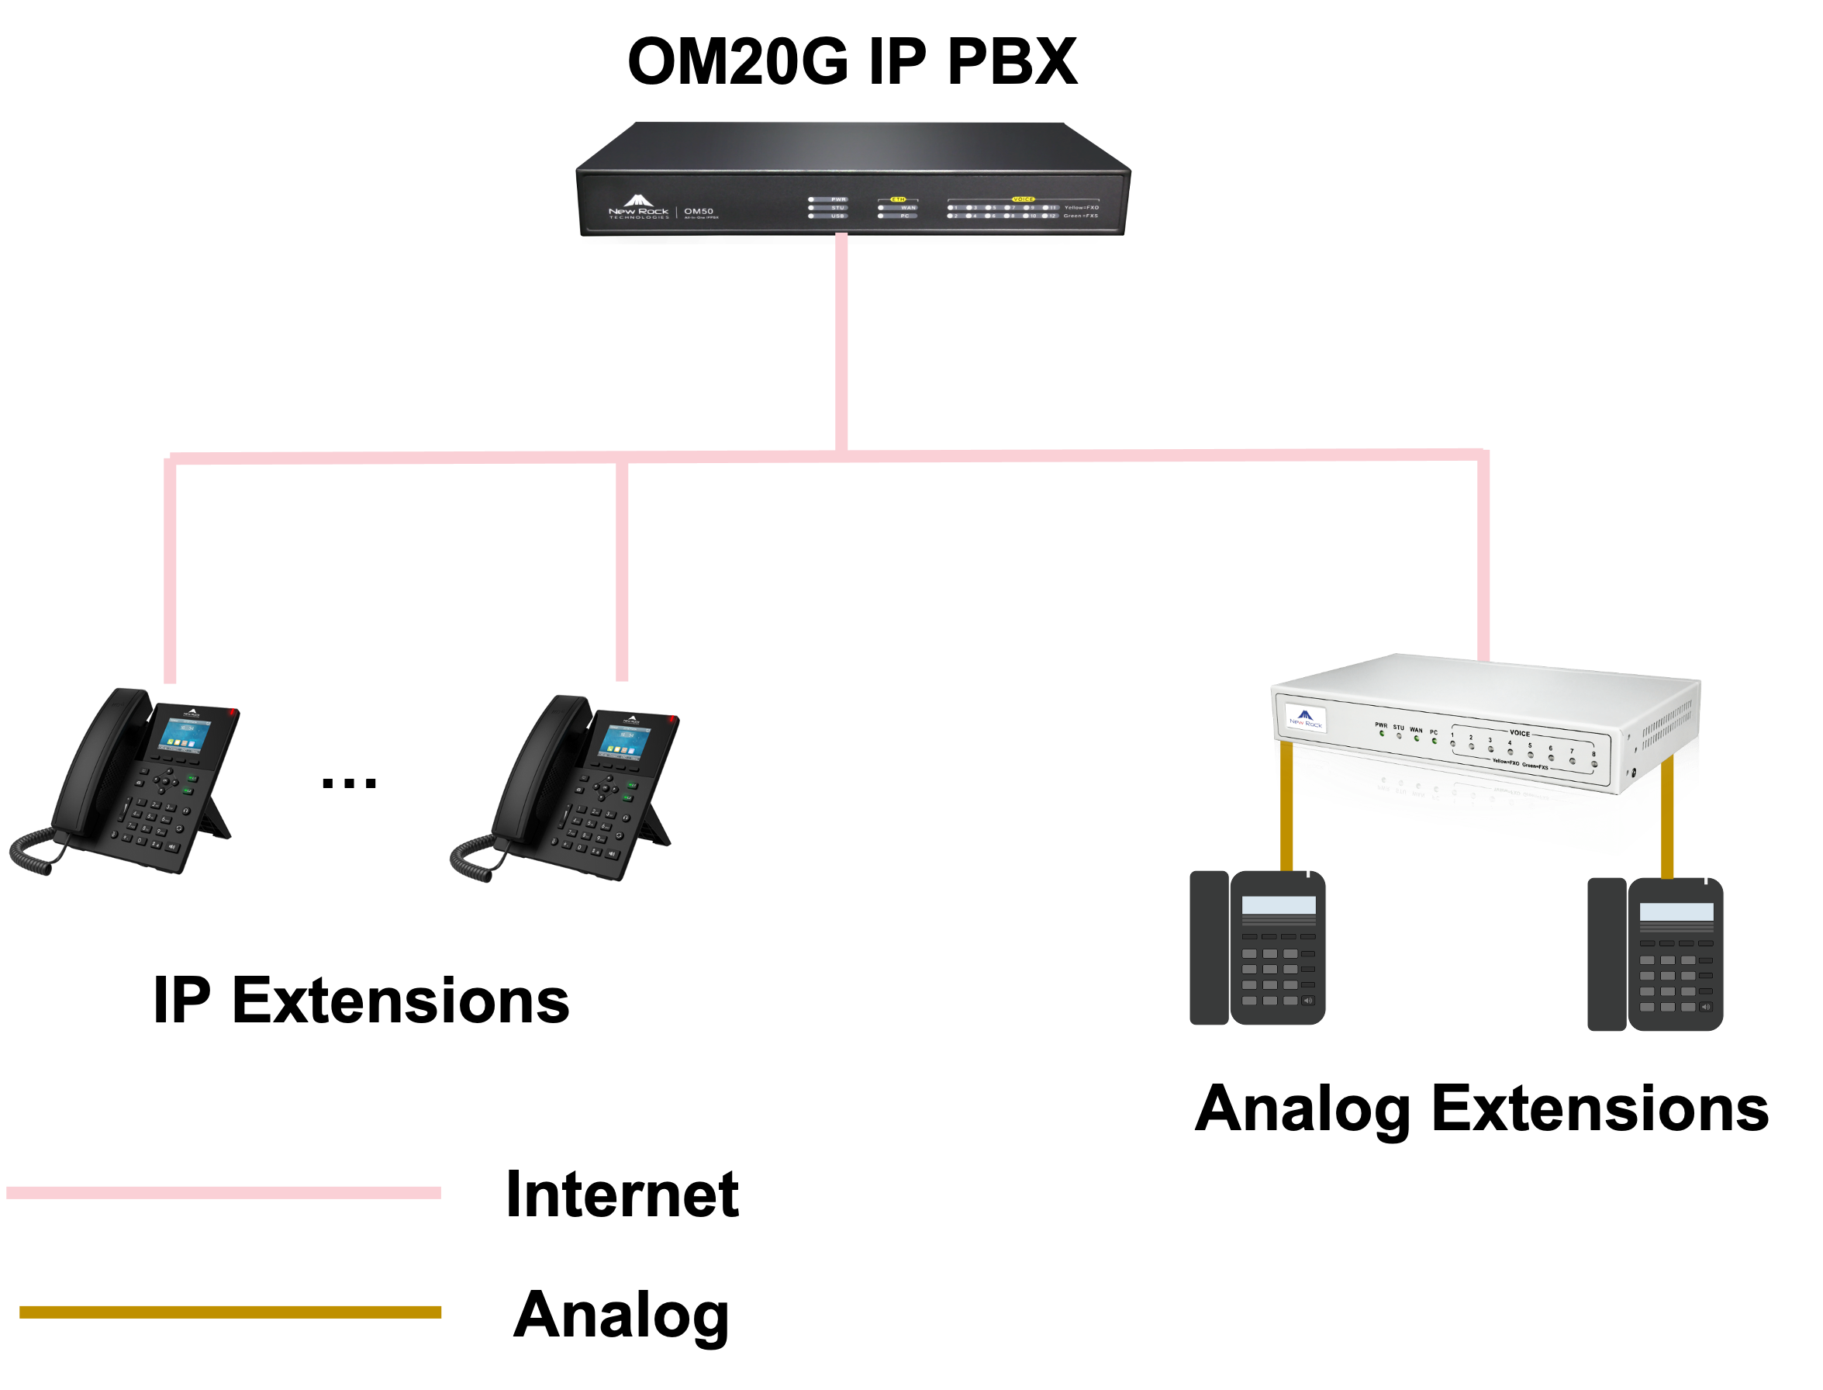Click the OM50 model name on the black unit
click(x=698, y=211)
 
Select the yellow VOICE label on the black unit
click(x=1024, y=199)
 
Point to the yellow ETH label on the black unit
click(x=897, y=199)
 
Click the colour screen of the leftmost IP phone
click(x=185, y=735)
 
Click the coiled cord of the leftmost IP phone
click(x=37, y=852)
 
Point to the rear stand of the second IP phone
click(x=658, y=828)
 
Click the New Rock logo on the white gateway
click(x=1305, y=718)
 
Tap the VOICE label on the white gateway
click(x=1520, y=733)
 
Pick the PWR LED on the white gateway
click(x=1381, y=733)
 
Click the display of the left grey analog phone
click(x=1279, y=905)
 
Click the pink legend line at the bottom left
click(x=223, y=1192)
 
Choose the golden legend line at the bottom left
click(x=230, y=1312)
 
